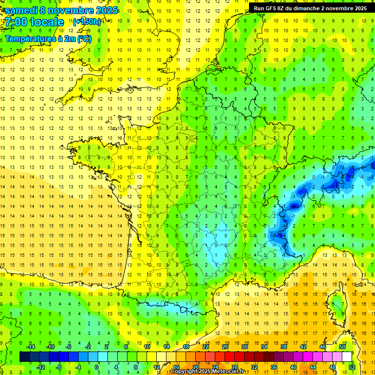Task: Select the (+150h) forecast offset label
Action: [x=87, y=22]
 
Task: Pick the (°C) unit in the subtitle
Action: [x=83, y=39]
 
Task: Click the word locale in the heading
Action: [x=47, y=22]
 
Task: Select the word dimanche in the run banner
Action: [x=314, y=8]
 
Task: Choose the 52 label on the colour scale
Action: [x=352, y=367]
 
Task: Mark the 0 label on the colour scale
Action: [x=97, y=367]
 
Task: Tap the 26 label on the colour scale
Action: [x=225, y=347]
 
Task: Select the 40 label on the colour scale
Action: [x=293, y=367]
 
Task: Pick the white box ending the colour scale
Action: [x=347, y=356]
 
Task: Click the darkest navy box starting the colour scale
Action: [x=24, y=356]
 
